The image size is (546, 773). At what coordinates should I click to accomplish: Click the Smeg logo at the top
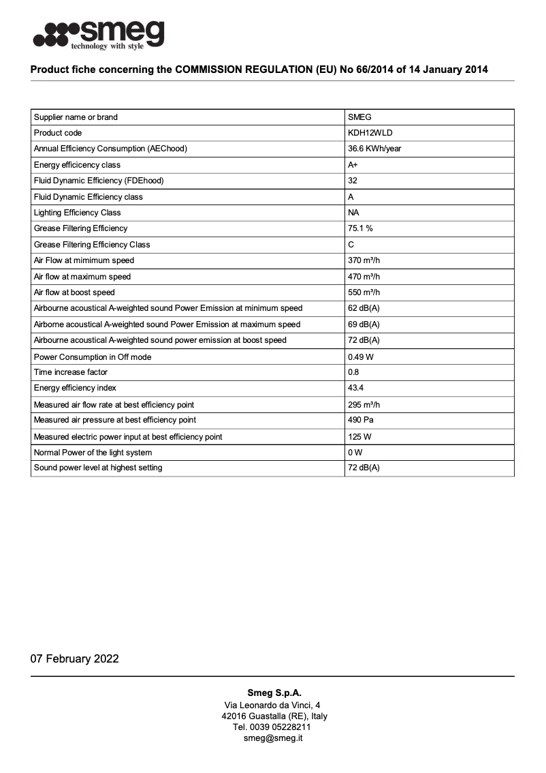click(x=99, y=33)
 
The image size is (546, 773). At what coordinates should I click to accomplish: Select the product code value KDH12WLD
click(x=370, y=133)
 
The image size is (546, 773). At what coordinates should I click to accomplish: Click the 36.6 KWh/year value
click(x=374, y=149)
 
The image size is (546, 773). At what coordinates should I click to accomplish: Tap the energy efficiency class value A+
click(x=353, y=165)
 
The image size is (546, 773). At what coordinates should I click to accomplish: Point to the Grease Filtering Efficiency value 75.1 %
click(x=360, y=228)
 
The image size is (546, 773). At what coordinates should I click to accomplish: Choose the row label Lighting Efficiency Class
click(x=77, y=213)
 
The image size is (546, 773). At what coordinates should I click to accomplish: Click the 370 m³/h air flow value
click(x=364, y=260)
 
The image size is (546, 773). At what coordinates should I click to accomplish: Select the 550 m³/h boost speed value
click(x=364, y=292)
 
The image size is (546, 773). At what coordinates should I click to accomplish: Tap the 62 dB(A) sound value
click(x=364, y=308)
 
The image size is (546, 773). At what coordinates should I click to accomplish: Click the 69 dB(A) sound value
click(x=364, y=324)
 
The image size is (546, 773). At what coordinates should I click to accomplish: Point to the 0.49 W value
click(x=360, y=357)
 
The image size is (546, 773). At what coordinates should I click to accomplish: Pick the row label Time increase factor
click(x=71, y=372)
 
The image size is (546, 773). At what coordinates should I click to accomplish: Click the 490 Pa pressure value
click(x=359, y=420)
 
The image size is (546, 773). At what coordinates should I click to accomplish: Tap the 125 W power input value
click(x=359, y=437)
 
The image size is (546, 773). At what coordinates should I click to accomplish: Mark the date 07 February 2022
click(x=74, y=658)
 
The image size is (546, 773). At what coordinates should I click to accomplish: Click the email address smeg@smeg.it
click(x=273, y=738)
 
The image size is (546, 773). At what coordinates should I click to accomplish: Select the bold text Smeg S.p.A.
click(x=274, y=693)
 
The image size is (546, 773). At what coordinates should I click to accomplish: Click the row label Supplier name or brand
click(x=76, y=117)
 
